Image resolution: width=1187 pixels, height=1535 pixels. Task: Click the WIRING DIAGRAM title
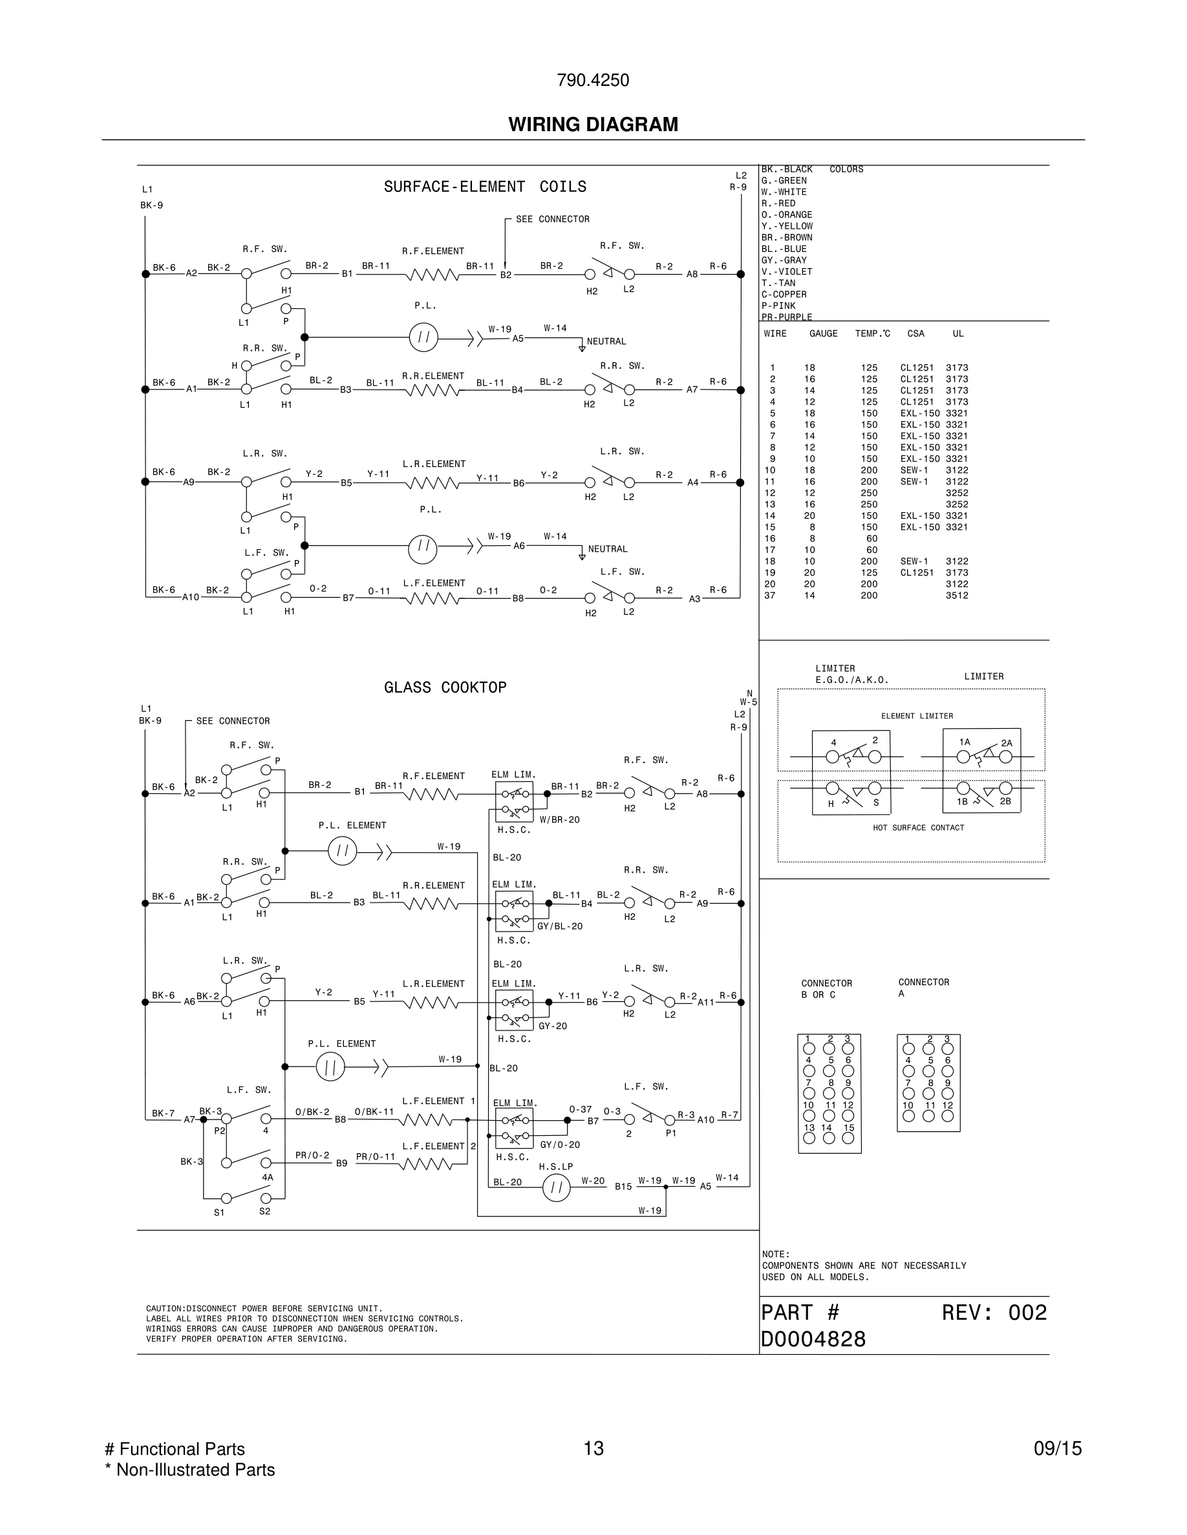(593, 125)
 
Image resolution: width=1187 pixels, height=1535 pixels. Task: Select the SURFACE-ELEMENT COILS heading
(484, 187)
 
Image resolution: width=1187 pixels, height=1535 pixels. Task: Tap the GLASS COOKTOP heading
(445, 687)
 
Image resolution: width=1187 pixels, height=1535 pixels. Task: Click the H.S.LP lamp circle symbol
(556, 1188)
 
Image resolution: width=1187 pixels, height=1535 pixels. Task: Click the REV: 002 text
(994, 1313)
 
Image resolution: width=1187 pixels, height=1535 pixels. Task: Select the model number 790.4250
(593, 80)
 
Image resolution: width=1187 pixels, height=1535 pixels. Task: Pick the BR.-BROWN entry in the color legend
(784, 238)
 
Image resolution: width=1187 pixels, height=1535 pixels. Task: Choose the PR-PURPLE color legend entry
(787, 317)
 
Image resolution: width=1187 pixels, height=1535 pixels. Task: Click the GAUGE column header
(824, 334)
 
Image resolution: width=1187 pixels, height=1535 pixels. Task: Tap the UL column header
(957, 334)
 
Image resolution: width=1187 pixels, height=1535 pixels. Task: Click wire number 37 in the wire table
(770, 595)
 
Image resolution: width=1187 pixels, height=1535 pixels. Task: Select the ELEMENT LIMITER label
(917, 716)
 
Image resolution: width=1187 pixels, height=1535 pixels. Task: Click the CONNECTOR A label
(923, 988)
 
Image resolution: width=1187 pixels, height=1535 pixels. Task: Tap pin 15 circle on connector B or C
(848, 1138)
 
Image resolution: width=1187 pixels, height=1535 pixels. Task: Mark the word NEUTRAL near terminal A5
(606, 342)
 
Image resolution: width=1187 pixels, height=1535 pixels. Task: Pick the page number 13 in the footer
(593, 1448)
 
